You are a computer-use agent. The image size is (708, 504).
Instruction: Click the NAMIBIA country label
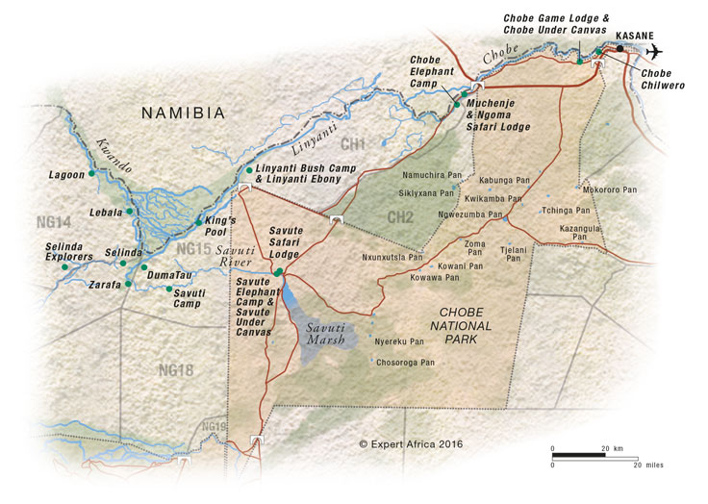coord(183,113)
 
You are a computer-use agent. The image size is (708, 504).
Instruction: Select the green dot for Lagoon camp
coord(91,174)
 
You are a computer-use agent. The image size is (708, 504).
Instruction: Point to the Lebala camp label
coord(105,212)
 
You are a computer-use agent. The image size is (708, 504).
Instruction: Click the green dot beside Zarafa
coord(128,284)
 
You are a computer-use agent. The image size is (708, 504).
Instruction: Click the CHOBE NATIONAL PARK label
coord(465,325)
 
